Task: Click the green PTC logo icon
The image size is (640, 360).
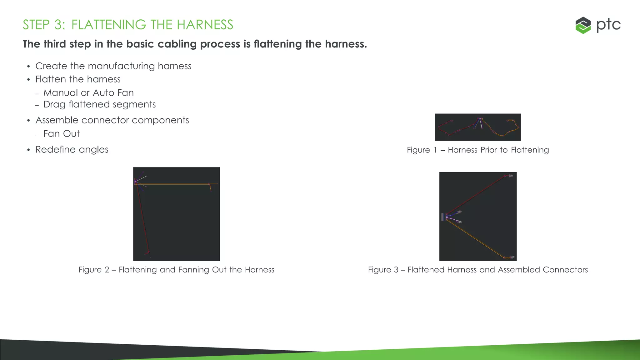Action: point(583,25)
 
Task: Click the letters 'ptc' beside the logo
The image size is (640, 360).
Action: point(608,25)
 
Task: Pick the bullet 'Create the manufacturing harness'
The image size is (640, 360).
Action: point(113,66)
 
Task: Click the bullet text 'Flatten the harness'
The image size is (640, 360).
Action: point(78,79)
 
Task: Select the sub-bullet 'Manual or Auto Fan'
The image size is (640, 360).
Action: point(88,93)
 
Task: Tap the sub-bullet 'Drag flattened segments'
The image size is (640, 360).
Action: point(99,104)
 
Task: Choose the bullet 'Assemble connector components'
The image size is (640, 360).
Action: point(112,120)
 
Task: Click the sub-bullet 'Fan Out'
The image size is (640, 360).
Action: point(62,134)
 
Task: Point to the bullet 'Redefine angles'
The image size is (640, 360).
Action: point(72,150)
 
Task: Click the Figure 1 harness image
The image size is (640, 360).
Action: point(478,127)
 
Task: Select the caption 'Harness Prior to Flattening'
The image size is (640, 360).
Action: point(498,150)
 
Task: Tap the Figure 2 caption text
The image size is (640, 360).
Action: point(176,270)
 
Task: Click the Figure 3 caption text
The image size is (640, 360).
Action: point(478,270)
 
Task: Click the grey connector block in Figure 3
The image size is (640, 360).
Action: point(443,217)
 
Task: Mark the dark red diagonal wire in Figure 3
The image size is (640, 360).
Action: point(475,196)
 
